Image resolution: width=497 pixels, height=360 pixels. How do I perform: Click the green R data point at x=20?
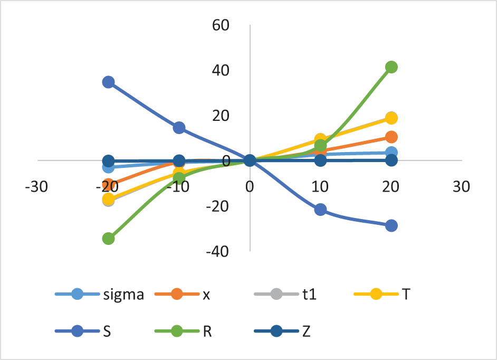391,67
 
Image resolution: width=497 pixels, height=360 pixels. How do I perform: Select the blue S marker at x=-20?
108,82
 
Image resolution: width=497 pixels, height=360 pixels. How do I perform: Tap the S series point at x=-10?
179,127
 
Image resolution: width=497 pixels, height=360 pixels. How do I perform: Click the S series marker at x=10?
320,210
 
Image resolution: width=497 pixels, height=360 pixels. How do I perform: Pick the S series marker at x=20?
391,225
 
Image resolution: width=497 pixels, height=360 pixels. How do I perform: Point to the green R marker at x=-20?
108,239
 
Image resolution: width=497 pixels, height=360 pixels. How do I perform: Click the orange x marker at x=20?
391,137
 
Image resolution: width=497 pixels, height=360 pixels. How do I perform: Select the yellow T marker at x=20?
391,118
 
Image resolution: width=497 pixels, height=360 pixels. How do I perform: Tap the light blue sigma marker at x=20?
391,153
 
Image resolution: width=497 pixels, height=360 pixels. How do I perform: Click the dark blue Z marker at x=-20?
108,160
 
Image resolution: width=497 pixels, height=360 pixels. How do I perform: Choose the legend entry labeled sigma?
123,295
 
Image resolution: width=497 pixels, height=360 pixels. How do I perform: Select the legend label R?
207,331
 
